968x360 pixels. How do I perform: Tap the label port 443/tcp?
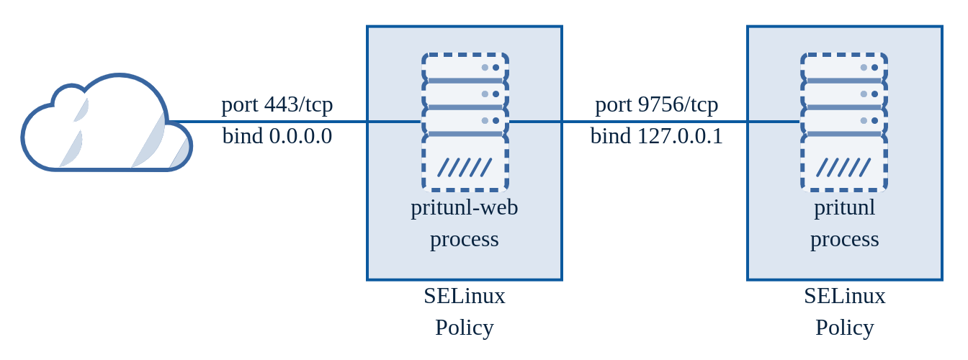[x=277, y=104]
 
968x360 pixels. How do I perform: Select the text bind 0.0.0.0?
[x=277, y=136]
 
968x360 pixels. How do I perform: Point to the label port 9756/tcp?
[x=656, y=104]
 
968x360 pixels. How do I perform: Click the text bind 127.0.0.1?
[x=656, y=136]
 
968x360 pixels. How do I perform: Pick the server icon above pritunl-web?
[x=465, y=122]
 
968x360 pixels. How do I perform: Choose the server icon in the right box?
[x=844, y=122]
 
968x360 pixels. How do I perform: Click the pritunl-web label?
[x=465, y=207]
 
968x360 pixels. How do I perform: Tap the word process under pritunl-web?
[x=465, y=239]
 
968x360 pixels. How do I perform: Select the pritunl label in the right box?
[x=844, y=207]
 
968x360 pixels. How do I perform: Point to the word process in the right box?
[x=844, y=239]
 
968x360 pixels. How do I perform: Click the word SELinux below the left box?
[x=465, y=296]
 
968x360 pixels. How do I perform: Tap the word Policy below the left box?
[x=465, y=328]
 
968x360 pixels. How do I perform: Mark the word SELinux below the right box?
[x=844, y=296]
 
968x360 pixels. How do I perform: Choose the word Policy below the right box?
[x=844, y=328]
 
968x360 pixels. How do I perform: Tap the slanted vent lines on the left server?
[x=465, y=168]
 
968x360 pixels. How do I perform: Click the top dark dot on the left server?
[x=496, y=68]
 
